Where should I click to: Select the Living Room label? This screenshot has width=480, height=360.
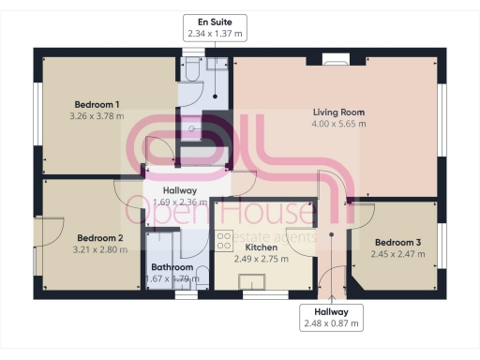(x=338, y=112)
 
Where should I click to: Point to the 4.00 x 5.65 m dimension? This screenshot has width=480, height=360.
(x=338, y=124)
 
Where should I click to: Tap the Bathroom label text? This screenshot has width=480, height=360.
(x=172, y=266)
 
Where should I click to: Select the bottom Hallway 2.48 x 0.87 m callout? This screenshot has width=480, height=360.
(x=332, y=318)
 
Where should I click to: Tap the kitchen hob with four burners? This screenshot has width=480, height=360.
(x=223, y=240)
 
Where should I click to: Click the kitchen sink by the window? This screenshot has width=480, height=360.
(x=251, y=283)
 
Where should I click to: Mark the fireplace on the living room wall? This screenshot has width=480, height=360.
(x=336, y=61)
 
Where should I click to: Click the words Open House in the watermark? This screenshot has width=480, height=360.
(x=229, y=214)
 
